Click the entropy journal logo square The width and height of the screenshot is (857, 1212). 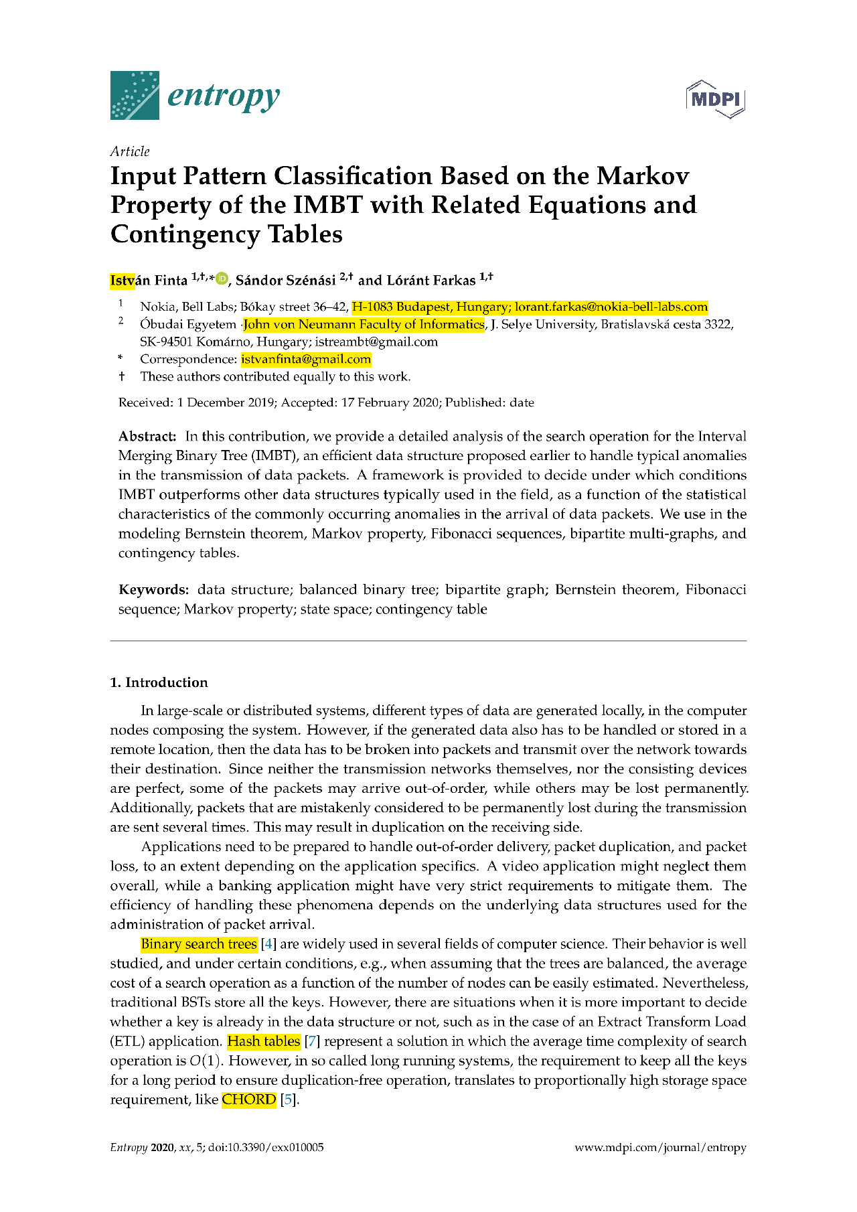(135, 95)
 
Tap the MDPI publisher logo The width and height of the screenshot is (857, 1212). (716, 99)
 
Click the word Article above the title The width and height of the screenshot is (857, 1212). (130, 151)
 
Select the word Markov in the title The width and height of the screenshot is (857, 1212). (643, 176)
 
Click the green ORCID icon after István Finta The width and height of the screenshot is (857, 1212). (222, 279)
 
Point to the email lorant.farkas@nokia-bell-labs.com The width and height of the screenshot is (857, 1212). (611, 307)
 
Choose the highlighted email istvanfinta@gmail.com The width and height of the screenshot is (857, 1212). (306, 360)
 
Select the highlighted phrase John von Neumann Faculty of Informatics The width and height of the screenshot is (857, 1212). (364, 325)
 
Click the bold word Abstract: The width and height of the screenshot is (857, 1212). (147, 437)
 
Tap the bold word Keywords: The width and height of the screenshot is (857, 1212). (154, 590)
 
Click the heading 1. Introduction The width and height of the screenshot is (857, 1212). (159, 682)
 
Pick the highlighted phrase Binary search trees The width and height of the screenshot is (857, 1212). (199, 944)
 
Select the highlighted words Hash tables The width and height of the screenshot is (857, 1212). (264, 1041)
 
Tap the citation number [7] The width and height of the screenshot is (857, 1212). (312, 1041)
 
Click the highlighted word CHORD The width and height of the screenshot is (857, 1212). (249, 1100)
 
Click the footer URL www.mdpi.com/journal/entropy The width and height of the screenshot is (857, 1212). (660, 1147)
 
